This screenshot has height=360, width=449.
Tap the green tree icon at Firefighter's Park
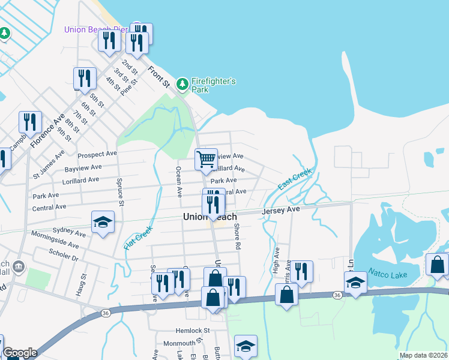182,85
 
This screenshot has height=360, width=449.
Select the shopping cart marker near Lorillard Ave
206,160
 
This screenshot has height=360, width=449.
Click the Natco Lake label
388,274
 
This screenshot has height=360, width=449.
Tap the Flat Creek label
137,238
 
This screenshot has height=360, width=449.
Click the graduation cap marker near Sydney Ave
103,223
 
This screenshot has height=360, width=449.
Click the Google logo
20,353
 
